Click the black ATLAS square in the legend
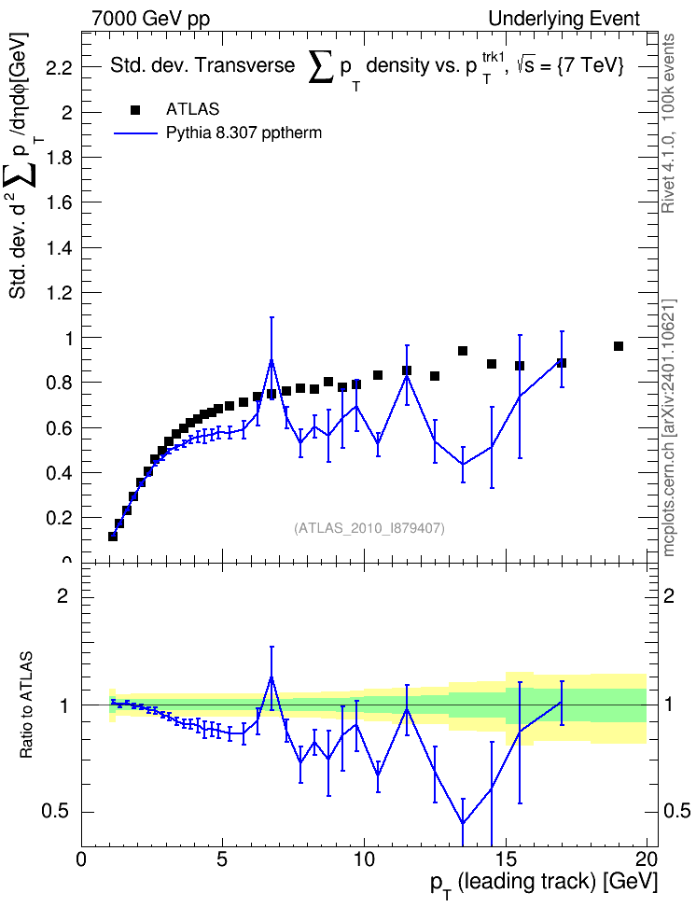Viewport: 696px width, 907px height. click(135, 110)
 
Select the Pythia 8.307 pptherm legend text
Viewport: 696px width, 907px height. click(244, 133)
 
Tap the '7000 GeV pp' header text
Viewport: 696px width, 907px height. click(150, 19)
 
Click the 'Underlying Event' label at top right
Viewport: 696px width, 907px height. click(564, 19)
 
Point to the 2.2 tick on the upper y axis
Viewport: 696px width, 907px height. click(59, 69)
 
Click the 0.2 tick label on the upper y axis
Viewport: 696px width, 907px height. click(59, 518)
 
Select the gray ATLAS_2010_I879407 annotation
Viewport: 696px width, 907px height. click(369, 528)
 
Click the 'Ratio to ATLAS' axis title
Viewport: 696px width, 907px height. click(27, 705)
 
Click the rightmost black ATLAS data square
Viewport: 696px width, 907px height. click(619, 346)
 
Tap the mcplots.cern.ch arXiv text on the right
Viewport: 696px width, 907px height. click(669, 428)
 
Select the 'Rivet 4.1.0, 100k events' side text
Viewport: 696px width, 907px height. click(668, 124)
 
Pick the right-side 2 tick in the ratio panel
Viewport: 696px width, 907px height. click(669, 595)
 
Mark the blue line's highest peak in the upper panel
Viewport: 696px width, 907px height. click(271, 359)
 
